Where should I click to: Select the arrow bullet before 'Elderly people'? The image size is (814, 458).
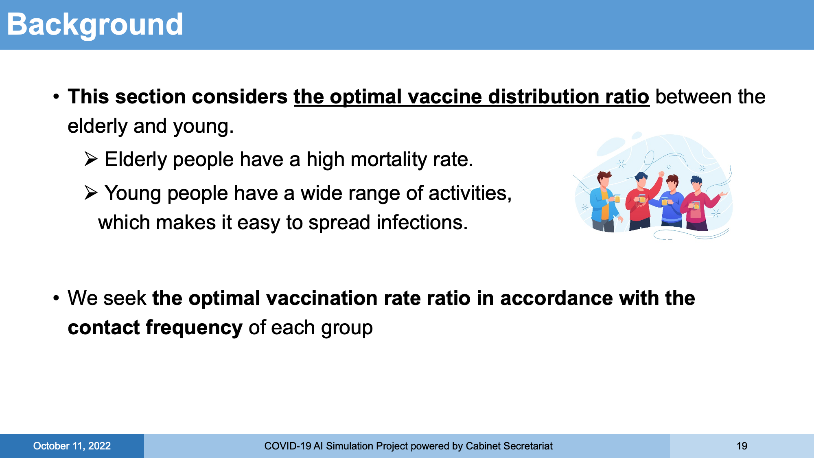pyautogui.click(x=91, y=159)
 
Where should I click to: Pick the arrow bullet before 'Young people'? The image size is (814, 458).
pyautogui.click(x=91, y=193)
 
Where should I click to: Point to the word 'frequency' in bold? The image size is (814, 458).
pyautogui.click(x=194, y=328)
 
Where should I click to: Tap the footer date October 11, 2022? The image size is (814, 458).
pyautogui.click(x=72, y=446)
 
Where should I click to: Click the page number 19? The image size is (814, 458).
pyautogui.click(x=742, y=446)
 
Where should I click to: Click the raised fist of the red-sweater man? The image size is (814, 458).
pyautogui.click(x=661, y=174)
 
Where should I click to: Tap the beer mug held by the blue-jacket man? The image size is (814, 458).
pyautogui.click(x=617, y=198)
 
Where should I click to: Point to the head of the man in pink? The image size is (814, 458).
pyautogui.click(x=696, y=183)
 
